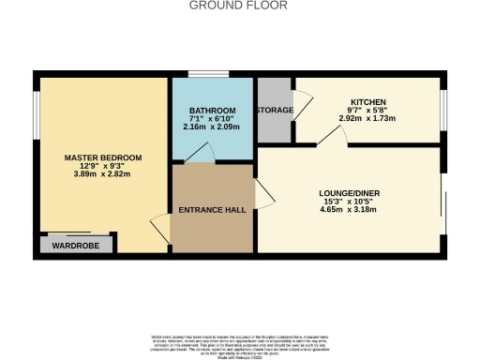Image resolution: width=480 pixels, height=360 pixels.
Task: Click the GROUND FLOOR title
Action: [x=239, y=6]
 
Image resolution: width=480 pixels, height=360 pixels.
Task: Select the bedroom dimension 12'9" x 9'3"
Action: [x=102, y=165]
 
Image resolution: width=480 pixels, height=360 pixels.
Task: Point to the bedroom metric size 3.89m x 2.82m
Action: [x=102, y=174]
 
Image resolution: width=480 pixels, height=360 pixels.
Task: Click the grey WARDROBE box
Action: [x=77, y=246]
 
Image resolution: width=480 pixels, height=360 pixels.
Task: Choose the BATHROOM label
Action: [x=212, y=112]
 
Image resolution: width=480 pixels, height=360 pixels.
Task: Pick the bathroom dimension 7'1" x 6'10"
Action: [x=212, y=120]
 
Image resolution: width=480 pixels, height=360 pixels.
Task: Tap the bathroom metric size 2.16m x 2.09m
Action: [x=212, y=128]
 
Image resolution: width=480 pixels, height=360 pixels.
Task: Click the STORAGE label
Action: [x=275, y=111]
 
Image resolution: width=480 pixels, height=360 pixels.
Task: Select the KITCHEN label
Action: [x=368, y=101]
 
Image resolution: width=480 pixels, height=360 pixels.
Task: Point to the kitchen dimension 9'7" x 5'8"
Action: [x=368, y=111]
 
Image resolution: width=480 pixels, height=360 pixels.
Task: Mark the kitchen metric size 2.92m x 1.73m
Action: [x=368, y=119]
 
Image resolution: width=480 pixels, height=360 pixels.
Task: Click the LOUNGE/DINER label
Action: [x=348, y=192]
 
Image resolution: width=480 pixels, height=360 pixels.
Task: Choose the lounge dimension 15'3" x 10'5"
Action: [x=348, y=201]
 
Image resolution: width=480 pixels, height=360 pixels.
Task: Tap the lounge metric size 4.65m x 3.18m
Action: [x=348, y=210]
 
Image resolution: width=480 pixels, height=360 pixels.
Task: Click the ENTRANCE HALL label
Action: [x=212, y=210]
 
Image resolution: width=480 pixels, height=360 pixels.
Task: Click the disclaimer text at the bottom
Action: [x=239, y=343]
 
